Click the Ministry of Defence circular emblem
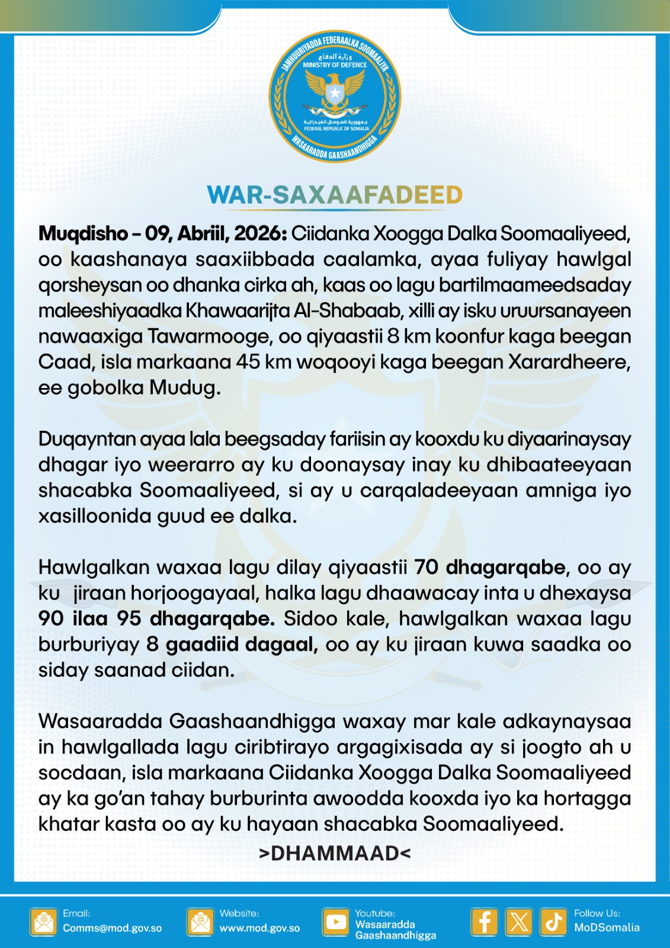click(x=335, y=97)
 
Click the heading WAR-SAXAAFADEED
click(x=335, y=195)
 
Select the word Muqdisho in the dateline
click(x=83, y=233)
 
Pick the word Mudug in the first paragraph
click(x=184, y=387)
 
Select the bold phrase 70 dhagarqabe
click(x=490, y=567)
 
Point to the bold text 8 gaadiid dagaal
click(x=232, y=644)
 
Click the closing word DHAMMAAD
click(x=335, y=853)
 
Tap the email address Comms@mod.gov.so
click(x=112, y=928)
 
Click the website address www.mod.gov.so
click(x=259, y=928)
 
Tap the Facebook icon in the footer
click(x=484, y=922)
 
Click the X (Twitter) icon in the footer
click(x=519, y=922)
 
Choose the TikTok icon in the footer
click(x=553, y=922)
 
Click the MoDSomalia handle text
click(x=606, y=928)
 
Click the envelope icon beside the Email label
click(x=43, y=922)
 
